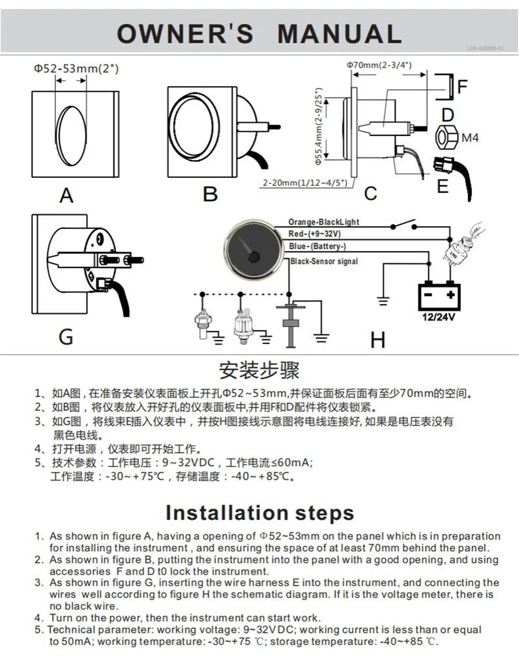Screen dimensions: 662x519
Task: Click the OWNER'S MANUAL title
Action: pyautogui.click(x=259, y=34)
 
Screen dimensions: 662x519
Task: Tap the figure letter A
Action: pyautogui.click(x=66, y=195)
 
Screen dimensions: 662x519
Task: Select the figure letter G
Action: pyautogui.click(x=66, y=336)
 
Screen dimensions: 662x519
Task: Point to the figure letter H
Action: pyautogui.click(x=377, y=340)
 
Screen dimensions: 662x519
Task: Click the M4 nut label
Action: pyautogui.click(x=470, y=138)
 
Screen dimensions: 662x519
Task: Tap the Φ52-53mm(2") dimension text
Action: pyautogui.click(x=76, y=68)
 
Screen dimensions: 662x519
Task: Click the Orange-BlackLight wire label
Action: pyautogui.click(x=323, y=222)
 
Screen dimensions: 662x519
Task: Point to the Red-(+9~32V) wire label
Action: pyautogui.click(x=315, y=234)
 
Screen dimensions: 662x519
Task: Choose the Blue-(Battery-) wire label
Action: pyautogui.click(x=317, y=246)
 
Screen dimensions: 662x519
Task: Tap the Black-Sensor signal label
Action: pyautogui.click(x=324, y=261)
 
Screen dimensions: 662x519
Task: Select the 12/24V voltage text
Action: pyautogui.click(x=439, y=316)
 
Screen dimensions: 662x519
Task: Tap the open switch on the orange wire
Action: pyautogui.click(x=404, y=225)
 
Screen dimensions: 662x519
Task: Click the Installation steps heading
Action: pyautogui.click(x=259, y=513)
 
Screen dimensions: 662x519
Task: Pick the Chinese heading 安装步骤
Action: pyautogui.click(x=259, y=370)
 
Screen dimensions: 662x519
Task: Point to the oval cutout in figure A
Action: pyautogui.click(x=72, y=136)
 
